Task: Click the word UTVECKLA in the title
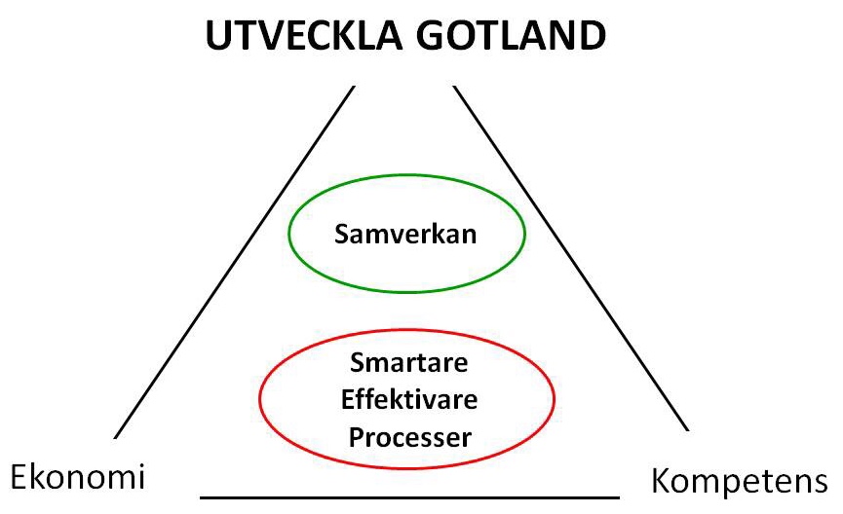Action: click(304, 35)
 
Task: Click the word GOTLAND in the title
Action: click(511, 35)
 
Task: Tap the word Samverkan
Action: click(405, 235)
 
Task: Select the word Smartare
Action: click(408, 362)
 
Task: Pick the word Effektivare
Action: click(409, 399)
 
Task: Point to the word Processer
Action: click(409, 437)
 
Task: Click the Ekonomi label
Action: click(78, 476)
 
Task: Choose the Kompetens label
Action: click(740, 481)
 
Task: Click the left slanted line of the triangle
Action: click(235, 262)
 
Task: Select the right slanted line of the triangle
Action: click(571, 258)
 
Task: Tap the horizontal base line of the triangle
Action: click(409, 497)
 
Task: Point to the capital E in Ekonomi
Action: click(19, 476)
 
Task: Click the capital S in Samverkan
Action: click(342, 235)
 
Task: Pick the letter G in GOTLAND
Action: click(430, 35)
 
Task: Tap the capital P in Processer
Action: click(357, 436)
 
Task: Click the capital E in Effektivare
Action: click(347, 399)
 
